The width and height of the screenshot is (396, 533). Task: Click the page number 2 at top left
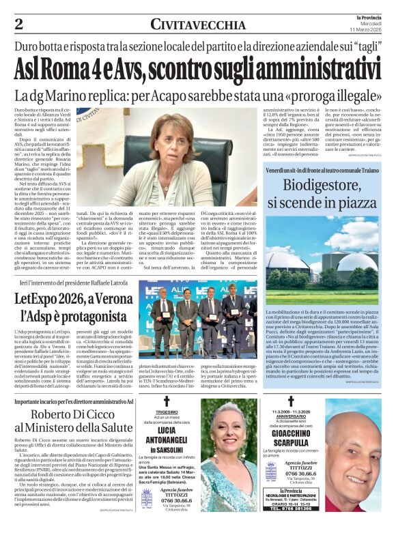19,25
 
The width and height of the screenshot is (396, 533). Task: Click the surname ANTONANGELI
167,442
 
